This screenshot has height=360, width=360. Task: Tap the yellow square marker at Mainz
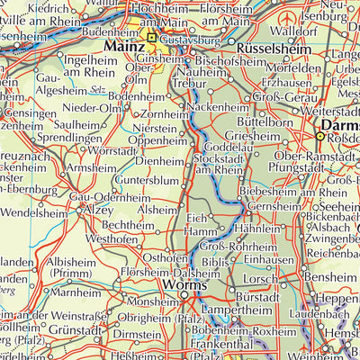point(151,38)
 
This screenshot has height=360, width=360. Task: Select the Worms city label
point(185,286)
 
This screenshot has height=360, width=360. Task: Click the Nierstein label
point(152,128)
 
